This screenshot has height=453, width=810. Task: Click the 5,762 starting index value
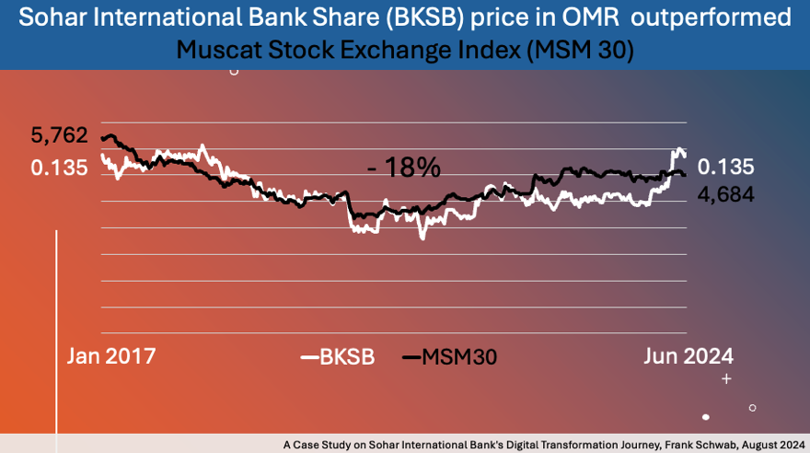point(59,136)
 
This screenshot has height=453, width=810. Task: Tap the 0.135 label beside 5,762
point(59,168)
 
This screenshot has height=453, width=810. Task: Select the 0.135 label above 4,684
point(725,167)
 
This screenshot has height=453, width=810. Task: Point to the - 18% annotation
point(403,168)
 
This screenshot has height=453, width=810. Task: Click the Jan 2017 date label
point(111,356)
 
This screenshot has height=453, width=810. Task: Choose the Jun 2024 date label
point(688,356)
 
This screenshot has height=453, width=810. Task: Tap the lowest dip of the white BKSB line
point(422,238)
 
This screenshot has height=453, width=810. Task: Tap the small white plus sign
point(726,378)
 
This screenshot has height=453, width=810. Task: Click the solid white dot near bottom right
point(706,417)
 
